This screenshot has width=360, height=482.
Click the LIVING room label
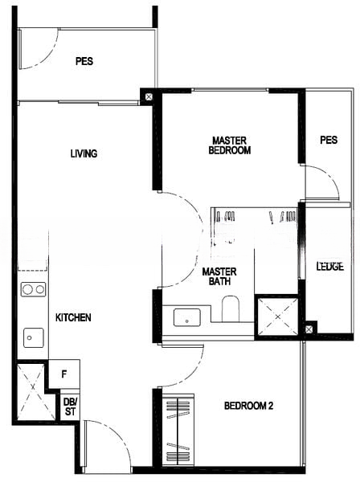pyautogui.click(x=84, y=153)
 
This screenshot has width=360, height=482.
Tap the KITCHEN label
pyautogui.click(x=73, y=317)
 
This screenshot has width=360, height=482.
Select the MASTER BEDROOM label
pyautogui.click(x=229, y=145)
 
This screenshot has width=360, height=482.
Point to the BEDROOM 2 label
pyautogui.click(x=249, y=406)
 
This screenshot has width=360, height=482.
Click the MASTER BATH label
pyautogui.click(x=219, y=276)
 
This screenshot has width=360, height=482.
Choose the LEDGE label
pyautogui.click(x=330, y=266)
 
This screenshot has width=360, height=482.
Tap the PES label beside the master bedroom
pyautogui.click(x=329, y=140)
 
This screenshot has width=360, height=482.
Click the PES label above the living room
pyautogui.click(x=84, y=61)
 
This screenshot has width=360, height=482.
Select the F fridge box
pyautogui.click(x=64, y=374)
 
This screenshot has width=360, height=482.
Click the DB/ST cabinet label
pyautogui.click(x=70, y=407)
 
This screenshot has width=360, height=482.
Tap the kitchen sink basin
pyautogui.click(x=34, y=338)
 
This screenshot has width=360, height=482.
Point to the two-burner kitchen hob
pyautogui.click(x=33, y=289)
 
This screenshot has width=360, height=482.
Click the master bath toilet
pyautogui.click(x=231, y=308)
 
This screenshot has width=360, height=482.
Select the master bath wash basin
pyautogui.click(x=187, y=317)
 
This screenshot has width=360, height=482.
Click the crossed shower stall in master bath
pyautogui.click(x=277, y=317)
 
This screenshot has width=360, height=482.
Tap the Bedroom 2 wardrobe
pyautogui.click(x=178, y=430)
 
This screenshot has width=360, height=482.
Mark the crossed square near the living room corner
pyautogui.click(x=149, y=97)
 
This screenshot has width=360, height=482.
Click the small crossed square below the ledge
pyautogui.click(x=309, y=329)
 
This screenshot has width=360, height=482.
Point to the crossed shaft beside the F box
pyautogui.click(x=32, y=392)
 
